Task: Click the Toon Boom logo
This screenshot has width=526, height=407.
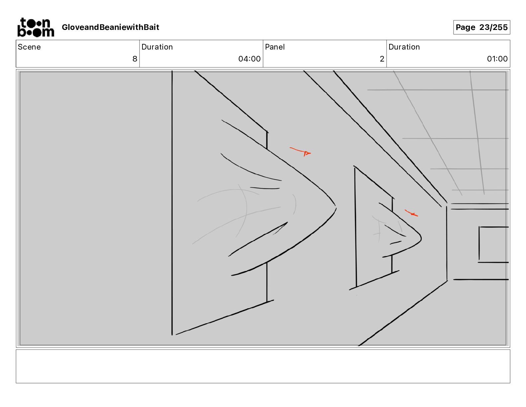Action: click(36, 27)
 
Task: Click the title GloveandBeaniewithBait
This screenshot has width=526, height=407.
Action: click(110, 27)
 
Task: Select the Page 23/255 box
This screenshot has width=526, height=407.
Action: click(481, 27)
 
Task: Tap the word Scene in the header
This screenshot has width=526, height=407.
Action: click(29, 47)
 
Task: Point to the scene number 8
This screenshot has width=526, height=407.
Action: click(134, 59)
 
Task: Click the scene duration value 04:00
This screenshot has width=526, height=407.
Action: click(249, 59)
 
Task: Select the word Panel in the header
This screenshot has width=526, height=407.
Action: click(275, 47)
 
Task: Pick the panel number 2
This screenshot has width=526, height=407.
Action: click(382, 59)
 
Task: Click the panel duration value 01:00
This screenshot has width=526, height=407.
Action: click(497, 59)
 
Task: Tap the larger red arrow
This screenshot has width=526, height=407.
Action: click(301, 152)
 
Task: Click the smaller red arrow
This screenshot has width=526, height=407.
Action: click(411, 213)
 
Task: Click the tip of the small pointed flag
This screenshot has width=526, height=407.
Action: click(421, 238)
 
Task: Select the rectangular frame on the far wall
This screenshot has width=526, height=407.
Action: click(493, 244)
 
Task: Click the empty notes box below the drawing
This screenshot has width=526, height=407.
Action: click(263, 366)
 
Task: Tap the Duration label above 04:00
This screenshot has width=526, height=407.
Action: click(157, 47)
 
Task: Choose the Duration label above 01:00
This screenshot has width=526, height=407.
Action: click(404, 47)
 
